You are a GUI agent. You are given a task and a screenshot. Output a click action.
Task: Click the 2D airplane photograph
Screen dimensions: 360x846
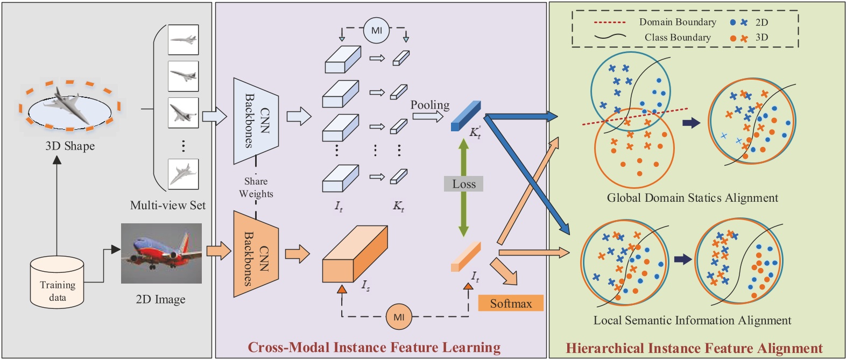[161, 253]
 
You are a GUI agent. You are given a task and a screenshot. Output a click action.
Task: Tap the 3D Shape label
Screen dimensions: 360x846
[70, 146]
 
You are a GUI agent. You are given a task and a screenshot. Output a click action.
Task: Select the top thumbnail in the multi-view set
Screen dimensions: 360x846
[183, 40]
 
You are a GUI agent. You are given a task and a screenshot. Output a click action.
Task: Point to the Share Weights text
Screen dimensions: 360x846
[256, 187]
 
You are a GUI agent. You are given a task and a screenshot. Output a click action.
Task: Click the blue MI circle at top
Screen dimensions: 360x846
[376, 31]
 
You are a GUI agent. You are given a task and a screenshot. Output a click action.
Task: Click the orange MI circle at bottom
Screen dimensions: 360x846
[399, 316]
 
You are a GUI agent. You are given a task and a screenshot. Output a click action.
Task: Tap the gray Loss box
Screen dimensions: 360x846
[463, 184]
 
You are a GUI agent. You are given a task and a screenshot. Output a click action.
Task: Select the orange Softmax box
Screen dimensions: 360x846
[510, 303]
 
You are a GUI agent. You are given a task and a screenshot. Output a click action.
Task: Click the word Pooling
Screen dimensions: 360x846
[430, 105]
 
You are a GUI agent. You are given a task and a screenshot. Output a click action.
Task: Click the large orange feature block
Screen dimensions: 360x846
[354, 255]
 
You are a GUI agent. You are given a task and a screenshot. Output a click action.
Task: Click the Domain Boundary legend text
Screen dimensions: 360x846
[677, 22]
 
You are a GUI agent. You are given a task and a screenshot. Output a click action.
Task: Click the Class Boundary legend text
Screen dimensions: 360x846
[677, 38]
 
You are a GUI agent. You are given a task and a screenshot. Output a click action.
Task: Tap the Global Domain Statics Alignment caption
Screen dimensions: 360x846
[692, 198]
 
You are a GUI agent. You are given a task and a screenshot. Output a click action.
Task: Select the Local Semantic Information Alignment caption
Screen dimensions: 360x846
[692, 321]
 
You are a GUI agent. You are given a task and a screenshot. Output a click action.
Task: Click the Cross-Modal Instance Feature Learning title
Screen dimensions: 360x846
[374, 348]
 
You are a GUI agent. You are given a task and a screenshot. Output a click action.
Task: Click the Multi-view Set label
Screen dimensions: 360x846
[168, 206]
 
